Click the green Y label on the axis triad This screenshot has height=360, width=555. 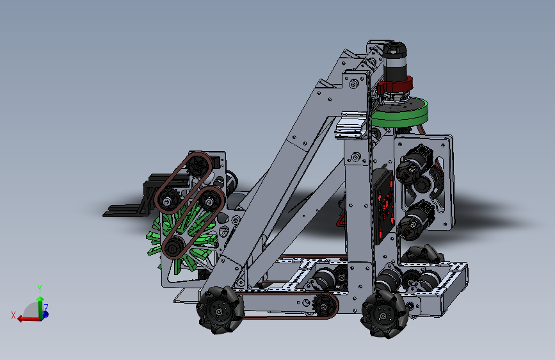[40, 288]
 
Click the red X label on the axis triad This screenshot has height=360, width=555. [13, 315]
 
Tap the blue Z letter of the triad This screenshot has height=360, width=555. [46, 307]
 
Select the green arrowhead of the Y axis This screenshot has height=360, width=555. [40, 299]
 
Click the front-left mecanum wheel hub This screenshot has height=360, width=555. [220, 311]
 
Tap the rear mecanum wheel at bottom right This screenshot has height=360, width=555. [384, 315]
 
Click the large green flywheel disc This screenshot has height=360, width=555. [400, 113]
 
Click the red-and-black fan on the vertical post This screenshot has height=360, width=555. [383, 206]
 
